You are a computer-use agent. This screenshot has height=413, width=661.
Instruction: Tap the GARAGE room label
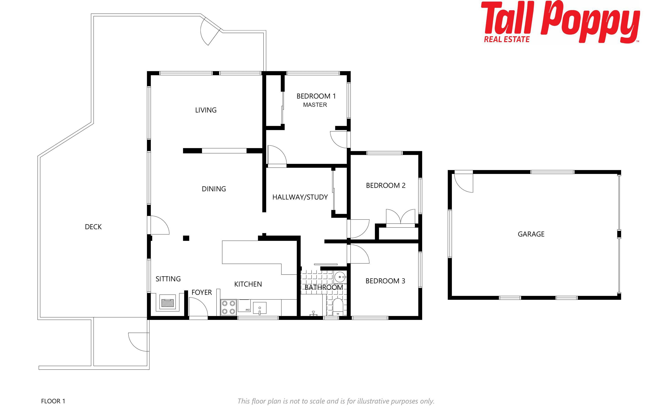tap(531, 234)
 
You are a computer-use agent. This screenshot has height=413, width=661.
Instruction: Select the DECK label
tap(93, 227)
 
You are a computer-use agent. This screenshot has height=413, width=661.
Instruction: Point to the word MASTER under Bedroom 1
tap(315, 105)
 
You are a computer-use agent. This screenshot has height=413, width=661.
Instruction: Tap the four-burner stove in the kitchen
tap(229, 308)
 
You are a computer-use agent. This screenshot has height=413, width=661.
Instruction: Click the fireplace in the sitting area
tap(168, 302)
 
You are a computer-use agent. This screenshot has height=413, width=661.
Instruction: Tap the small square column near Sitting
tap(186, 238)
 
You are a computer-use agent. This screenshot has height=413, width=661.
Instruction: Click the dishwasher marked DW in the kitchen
tap(244, 306)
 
